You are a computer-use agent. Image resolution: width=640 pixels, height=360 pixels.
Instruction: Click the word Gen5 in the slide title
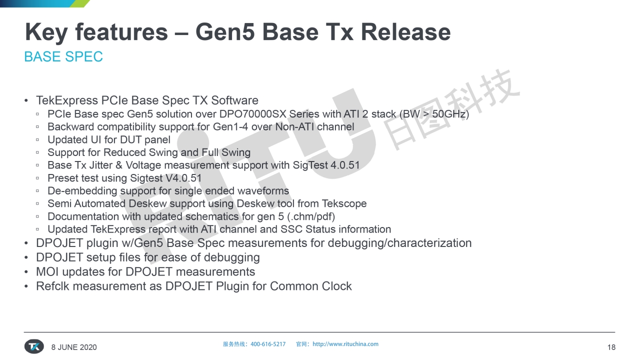coord(225,32)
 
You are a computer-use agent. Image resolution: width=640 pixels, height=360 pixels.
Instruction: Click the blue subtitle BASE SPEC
coord(63,56)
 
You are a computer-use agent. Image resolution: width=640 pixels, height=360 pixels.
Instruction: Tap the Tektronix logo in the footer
coord(34,346)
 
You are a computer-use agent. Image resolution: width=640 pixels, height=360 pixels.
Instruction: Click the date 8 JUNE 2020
coord(74,347)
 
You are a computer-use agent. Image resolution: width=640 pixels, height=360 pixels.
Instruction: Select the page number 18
coord(611,347)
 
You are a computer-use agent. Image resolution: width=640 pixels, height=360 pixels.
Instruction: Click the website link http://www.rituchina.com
coord(345,344)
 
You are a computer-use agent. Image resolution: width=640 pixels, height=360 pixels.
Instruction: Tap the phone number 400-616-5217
coord(268,344)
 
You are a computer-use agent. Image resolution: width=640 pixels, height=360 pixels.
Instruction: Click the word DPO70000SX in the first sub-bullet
coord(252,114)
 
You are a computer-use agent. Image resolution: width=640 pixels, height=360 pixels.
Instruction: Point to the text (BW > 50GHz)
coord(434,114)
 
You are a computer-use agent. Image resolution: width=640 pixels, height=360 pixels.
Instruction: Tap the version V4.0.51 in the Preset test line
coord(183,178)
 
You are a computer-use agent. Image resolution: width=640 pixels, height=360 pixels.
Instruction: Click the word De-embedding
coord(82,191)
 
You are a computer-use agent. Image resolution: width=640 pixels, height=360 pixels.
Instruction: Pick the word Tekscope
coord(344,203)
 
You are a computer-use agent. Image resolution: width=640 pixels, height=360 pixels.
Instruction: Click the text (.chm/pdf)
coord(311,216)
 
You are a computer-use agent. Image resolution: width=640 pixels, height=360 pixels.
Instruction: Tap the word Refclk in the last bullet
coord(52,286)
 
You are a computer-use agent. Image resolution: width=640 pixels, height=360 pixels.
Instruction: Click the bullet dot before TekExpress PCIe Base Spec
coord(26,100)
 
